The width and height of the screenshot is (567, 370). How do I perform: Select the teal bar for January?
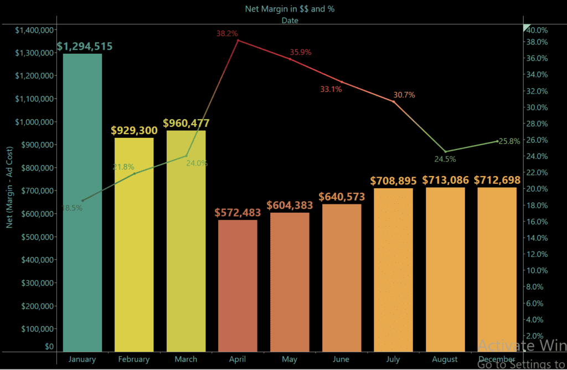pyautogui.click(x=82, y=202)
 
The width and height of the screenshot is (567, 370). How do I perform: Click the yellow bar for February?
pyautogui.click(x=134, y=244)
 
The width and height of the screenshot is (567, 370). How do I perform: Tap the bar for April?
pyautogui.click(x=238, y=285)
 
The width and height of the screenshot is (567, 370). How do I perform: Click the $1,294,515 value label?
pyautogui.click(x=84, y=46)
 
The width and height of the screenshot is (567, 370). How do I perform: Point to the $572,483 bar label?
pyautogui.click(x=238, y=213)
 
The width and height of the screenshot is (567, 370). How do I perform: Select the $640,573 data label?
pyautogui.click(x=341, y=197)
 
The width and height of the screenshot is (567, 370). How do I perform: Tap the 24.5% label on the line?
pyautogui.click(x=445, y=159)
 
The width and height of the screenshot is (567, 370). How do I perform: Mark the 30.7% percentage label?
pyautogui.click(x=404, y=95)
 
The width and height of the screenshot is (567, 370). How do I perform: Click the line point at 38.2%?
pyautogui.click(x=238, y=40)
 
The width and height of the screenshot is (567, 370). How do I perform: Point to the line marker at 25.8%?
pyautogui.click(x=497, y=141)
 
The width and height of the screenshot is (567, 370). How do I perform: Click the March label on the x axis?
pyautogui.click(x=185, y=359)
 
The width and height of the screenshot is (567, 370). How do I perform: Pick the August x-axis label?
pyautogui.click(x=445, y=359)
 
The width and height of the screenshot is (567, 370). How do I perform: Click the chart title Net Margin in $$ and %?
pyautogui.click(x=290, y=9)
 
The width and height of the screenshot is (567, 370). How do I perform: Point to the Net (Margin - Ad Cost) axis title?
pyautogui.click(x=9, y=188)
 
